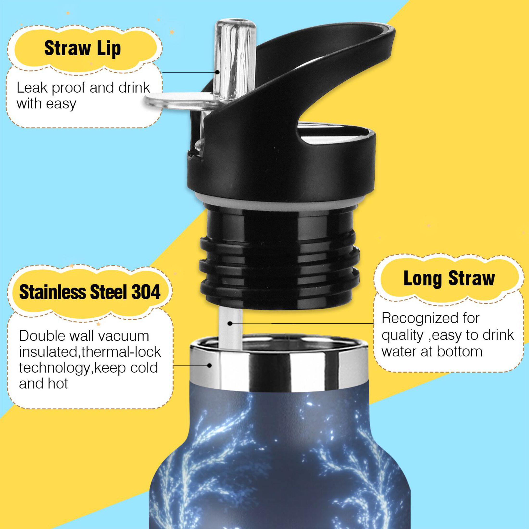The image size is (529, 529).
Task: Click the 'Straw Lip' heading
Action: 82,49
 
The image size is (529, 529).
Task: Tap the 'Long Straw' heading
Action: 449,278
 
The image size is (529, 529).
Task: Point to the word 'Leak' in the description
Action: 32,88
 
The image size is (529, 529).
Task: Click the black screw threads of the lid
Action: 279,263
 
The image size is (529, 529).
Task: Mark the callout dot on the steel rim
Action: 209,365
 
